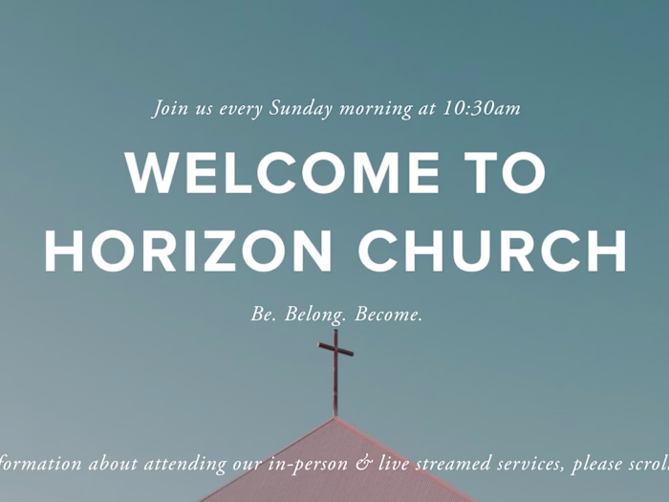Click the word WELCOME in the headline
point(283,173)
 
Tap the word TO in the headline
point(506,173)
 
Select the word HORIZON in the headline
point(188,251)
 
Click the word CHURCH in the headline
point(492,251)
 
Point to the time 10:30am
point(482,108)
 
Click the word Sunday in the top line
point(301,109)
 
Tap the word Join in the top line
point(170,109)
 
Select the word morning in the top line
point(376,110)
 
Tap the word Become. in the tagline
point(389,315)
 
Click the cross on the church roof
point(335,372)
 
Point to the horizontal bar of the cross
point(335,349)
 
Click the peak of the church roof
point(335,417)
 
